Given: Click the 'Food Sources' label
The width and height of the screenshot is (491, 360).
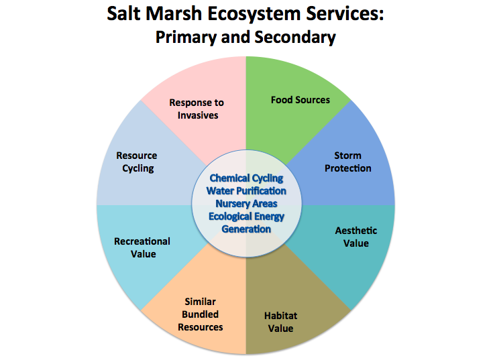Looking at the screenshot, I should (x=300, y=100).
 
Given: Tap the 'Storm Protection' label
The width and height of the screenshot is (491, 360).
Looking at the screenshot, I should (x=347, y=162).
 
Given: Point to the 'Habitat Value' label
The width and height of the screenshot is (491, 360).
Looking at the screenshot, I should (x=280, y=322).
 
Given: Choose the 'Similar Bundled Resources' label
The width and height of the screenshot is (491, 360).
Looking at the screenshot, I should (x=201, y=314).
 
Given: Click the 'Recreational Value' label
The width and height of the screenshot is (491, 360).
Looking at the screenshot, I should (x=142, y=247).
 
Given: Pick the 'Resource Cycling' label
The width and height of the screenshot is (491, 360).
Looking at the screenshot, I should (x=137, y=162).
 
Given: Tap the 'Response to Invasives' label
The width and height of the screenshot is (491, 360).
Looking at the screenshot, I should (x=197, y=109).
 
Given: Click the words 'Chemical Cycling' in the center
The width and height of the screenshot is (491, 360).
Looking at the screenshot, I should (x=245, y=178).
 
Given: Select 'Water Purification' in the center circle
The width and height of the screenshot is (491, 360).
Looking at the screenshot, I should (x=246, y=191).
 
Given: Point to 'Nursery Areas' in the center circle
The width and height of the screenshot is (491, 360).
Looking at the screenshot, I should (x=246, y=203).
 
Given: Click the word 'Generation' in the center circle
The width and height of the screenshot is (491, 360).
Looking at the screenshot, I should (x=246, y=229).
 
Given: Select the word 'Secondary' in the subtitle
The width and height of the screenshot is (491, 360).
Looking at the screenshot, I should (x=296, y=37).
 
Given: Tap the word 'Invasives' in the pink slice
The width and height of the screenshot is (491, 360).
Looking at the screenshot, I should (x=197, y=115).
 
